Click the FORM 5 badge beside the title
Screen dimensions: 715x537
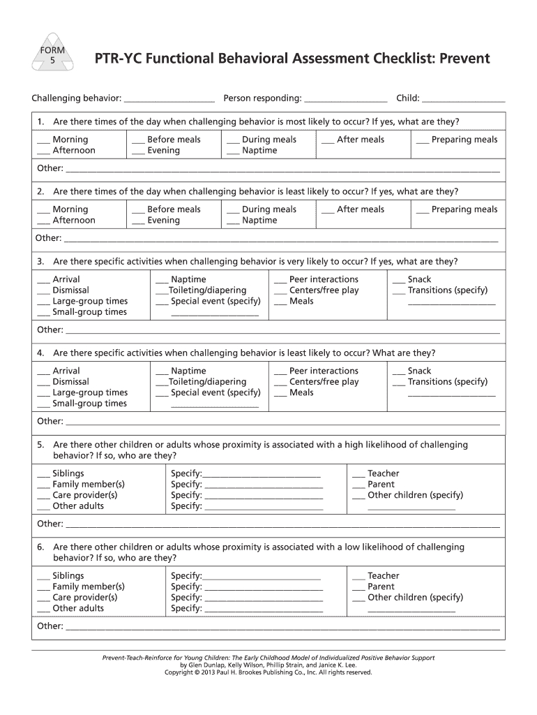(50, 55)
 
